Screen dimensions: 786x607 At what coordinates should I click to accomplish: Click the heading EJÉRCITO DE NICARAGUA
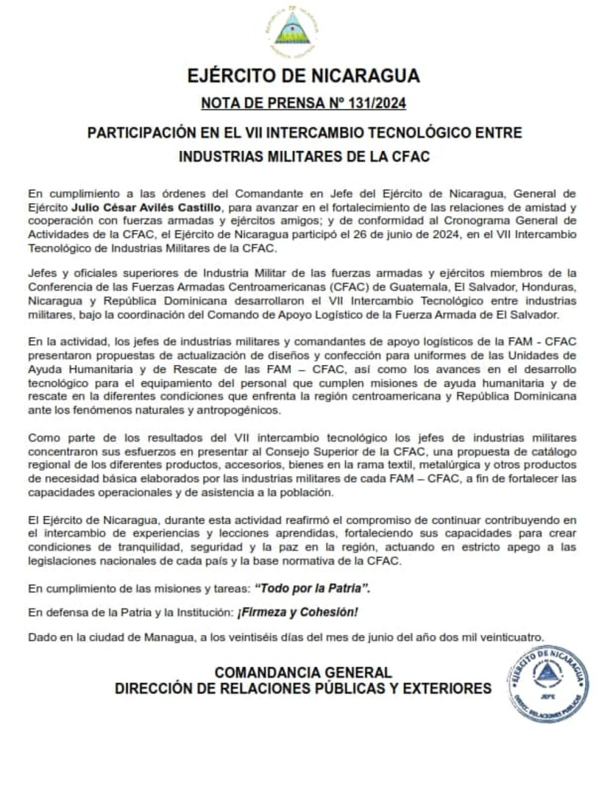[303, 76]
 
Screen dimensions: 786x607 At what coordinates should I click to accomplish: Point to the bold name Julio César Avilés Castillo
[150, 208]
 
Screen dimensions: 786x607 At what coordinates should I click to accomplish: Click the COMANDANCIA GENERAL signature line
[302, 673]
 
